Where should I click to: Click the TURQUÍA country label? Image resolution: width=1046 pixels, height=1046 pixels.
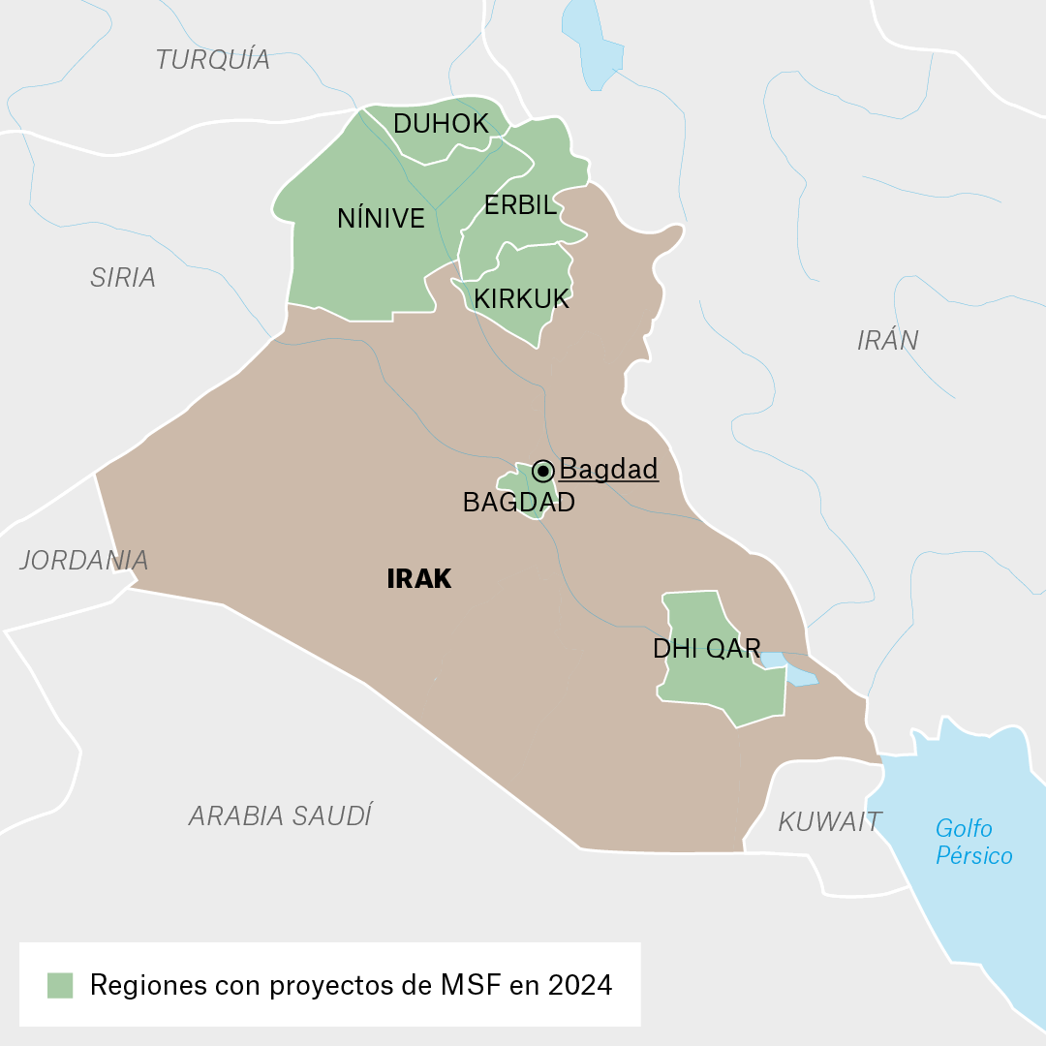point(212,60)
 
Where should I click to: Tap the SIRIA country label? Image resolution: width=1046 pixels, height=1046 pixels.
point(123,278)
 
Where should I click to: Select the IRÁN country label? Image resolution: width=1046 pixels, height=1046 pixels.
point(887,341)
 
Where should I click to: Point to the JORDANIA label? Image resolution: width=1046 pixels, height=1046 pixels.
point(84,561)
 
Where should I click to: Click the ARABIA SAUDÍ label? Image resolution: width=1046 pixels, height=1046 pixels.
point(280,816)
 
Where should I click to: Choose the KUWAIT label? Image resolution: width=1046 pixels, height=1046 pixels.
point(829,822)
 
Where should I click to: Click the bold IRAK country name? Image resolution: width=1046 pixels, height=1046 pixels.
point(418,579)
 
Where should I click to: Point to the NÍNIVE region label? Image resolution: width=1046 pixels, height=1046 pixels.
point(381,219)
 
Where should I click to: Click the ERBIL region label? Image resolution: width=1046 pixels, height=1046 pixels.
point(520,205)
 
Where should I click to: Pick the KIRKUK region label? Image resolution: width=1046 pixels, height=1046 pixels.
point(521,299)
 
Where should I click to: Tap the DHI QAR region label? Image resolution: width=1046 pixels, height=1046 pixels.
point(706,649)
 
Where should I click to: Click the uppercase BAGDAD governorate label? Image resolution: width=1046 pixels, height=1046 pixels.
point(518,503)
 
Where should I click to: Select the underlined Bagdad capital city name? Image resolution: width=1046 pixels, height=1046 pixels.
point(608,470)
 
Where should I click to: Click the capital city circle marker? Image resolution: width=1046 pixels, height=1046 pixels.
point(543,472)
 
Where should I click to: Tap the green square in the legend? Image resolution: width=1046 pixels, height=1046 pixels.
point(60,986)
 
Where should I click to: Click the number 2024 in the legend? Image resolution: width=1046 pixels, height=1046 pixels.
point(579,986)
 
